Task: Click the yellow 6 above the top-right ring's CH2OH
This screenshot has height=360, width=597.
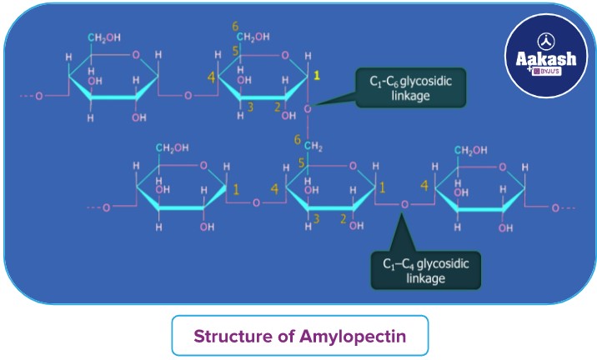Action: coord(235,26)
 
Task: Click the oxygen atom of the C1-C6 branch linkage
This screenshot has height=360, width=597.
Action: coord(307,108)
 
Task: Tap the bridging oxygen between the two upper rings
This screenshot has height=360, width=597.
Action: coord(187,95)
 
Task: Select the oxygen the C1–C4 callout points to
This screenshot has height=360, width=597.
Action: coord(404,204)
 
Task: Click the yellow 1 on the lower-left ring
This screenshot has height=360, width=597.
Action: coord(236,189)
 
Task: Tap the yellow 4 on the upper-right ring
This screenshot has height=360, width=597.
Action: coord(212,80)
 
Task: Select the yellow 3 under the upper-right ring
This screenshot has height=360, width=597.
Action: coord(249,107)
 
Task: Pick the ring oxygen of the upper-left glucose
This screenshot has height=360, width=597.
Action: coord(136,54)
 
